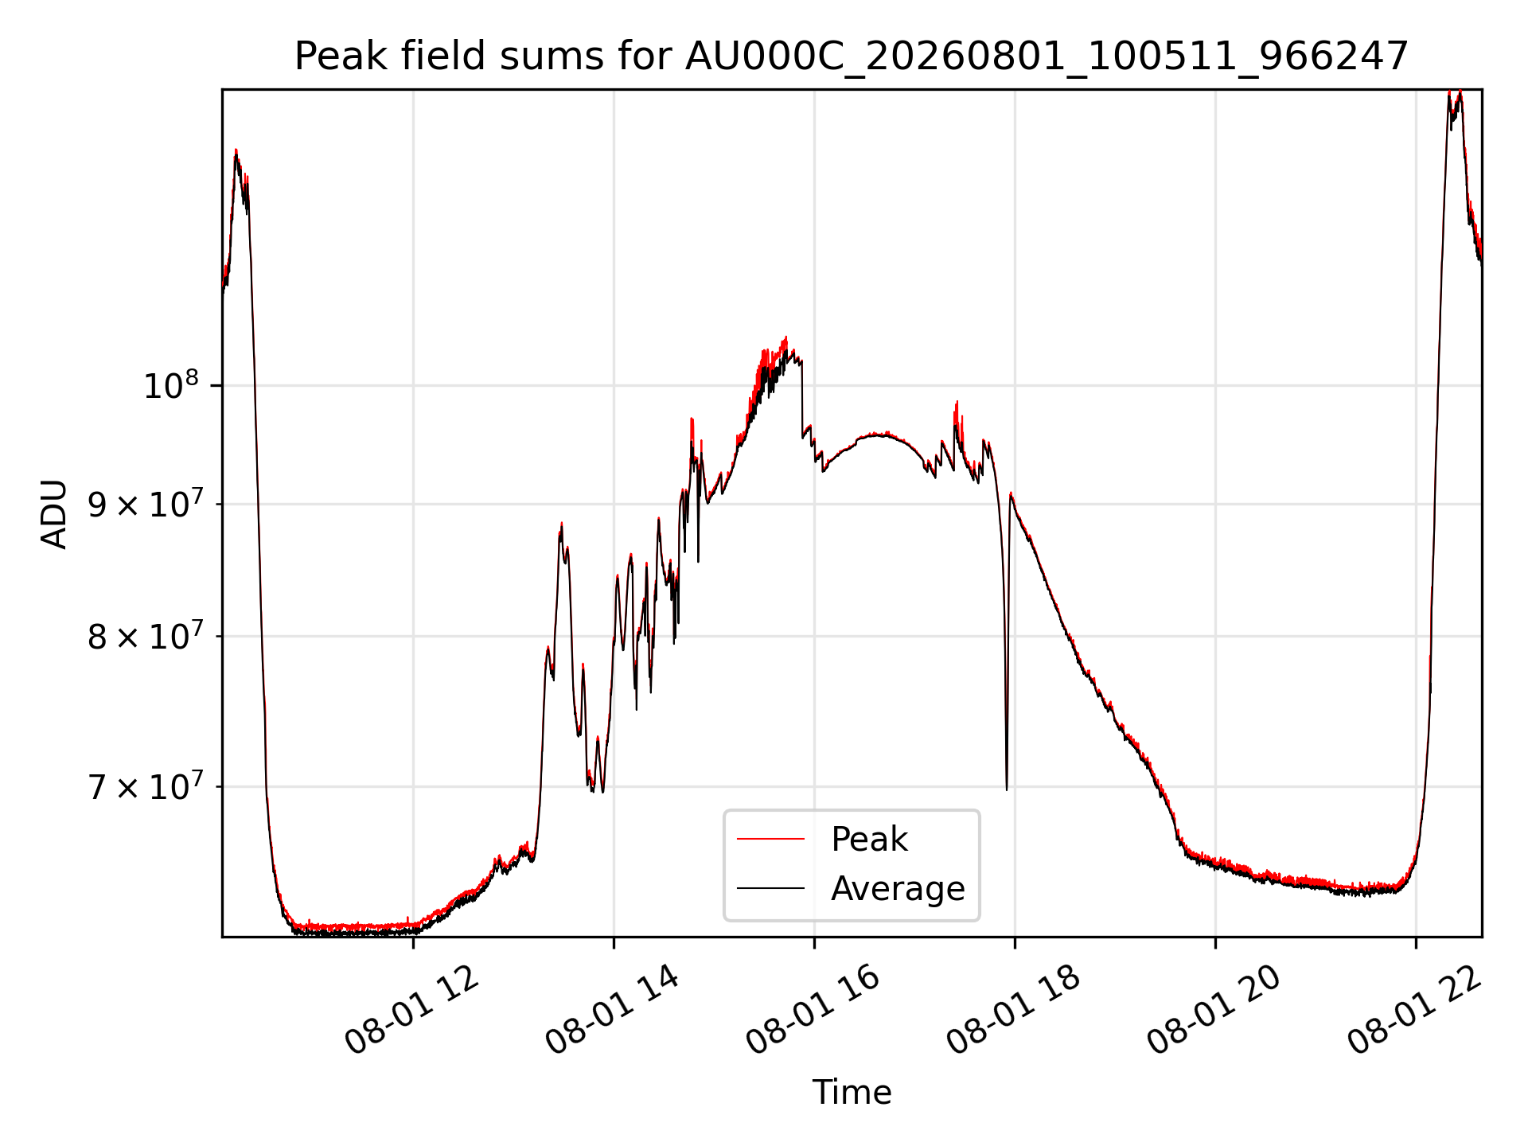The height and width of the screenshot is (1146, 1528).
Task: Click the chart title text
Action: click(852, 57)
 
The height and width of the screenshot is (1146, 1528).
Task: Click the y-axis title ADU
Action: click(54, 513)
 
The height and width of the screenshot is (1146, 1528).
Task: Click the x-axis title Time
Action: click(852, 1092)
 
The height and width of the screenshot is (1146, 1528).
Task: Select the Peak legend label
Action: click(869, 839)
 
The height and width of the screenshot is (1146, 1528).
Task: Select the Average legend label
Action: click(898, 888)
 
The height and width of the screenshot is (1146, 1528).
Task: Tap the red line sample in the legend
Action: click(770, 839)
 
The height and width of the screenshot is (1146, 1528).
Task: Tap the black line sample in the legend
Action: click(770, 888)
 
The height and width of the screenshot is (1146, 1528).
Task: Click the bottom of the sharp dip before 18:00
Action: click(1007, 789)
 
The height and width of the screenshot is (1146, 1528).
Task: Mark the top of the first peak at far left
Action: click(236, 150)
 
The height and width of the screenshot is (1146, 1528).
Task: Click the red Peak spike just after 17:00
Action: click(957, 402)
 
